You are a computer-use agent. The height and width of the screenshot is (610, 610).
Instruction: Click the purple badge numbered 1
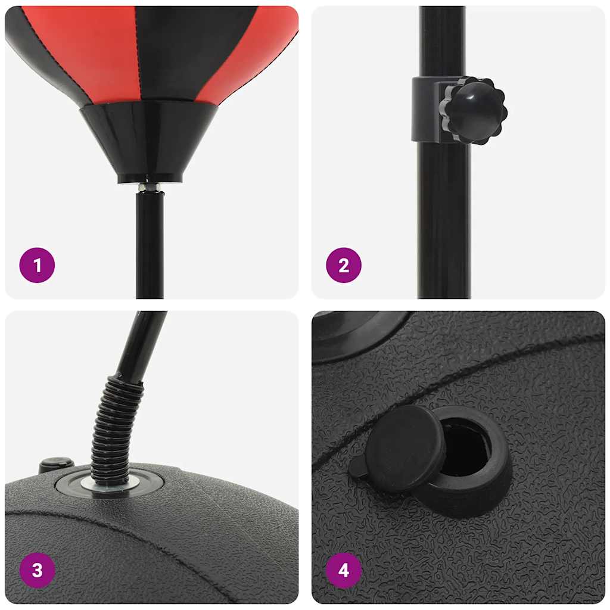pyautogui.click(x=37, y=265)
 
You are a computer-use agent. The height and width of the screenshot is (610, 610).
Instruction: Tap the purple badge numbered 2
pyautogui.click(x=344, y=265)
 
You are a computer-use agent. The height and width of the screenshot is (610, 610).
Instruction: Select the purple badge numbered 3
pyautogui.click(x=37, y=570)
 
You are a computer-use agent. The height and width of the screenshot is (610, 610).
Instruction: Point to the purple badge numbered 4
pyautogui.click(x=344, y=570)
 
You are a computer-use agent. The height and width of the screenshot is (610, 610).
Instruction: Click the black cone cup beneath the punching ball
pyautogui.click(x=149, y=140)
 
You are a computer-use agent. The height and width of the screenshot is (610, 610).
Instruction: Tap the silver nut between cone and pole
pyautogui.click(x=150, y=188)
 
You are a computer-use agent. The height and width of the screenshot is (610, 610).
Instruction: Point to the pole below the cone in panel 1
pyautogui.click(x=150, y=244)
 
